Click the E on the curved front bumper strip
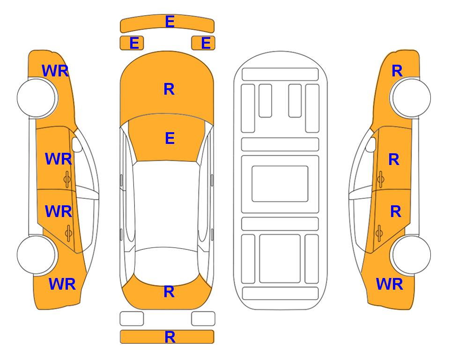click(x=170, y=22)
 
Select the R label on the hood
click(x=169, y=89)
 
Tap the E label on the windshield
click(x=170, y=138)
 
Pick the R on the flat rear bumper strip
click(x=170, y=337)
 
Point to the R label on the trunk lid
click(x=169, y=292)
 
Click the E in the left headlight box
click(x=134, y=43)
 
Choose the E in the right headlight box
click(x=206, y=43)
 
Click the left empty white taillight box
click(x=132, y=319)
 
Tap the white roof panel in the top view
click(x=166, y=204)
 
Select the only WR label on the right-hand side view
click(x=390, y=284)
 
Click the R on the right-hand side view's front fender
click(x=397, y=71)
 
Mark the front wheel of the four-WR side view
click(x=37, y=98)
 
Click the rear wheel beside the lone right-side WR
click(x=411, y=255)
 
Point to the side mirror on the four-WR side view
click(x=76, y=144)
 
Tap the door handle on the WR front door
click(x=67, y=179)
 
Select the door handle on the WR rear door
click(x=68, y=232)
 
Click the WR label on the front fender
click(x=55, y=71)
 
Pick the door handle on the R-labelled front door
click(x=380, y=179)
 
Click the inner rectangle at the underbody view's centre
click(x=280, y=184)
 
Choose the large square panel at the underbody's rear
click(x=280, y=259)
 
